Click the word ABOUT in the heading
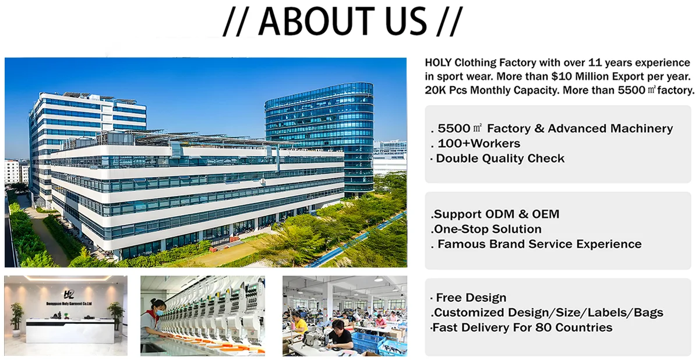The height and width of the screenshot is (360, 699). click(316, 21)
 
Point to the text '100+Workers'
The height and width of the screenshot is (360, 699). click(479, 143)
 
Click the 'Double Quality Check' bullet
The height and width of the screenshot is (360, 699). click(500, 158)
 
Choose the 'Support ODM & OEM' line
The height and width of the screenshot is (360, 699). click(496, 214)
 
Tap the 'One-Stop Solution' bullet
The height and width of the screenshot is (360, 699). click(488, 229)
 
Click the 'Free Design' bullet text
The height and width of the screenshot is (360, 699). click(471, 298)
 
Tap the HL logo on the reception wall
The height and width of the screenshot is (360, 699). click(69, 294)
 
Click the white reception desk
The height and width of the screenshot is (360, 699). click(70, 331)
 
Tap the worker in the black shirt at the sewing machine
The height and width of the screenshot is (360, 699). click(340, 334)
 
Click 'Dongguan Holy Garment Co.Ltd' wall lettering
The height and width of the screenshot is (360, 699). click(69, 303)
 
